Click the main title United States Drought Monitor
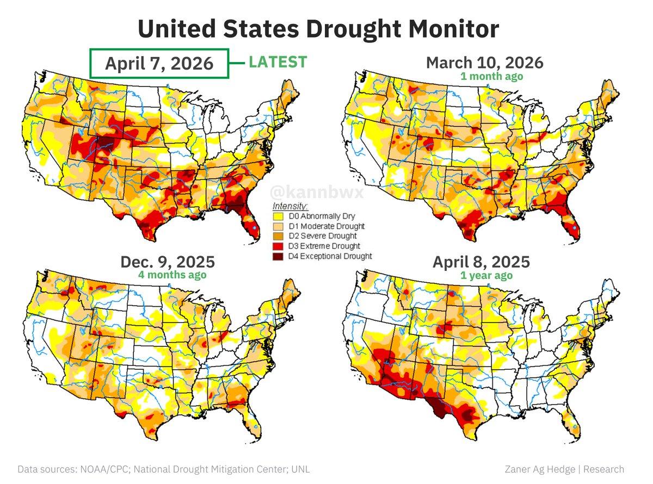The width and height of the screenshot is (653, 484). coord(318,28)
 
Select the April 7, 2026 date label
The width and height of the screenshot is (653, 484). coord(159,64)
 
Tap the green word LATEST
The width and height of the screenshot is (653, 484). coord(278,63)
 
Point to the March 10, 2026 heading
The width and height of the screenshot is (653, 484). coord(484,63)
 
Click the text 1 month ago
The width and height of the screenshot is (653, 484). coord(491,76)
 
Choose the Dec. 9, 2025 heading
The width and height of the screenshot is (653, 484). coord(168,262)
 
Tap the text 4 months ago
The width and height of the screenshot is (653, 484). coord(172,275)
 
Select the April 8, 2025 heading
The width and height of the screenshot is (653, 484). coord(481,262)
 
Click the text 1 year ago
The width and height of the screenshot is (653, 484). coord(486,275)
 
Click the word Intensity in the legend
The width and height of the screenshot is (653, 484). coord(290,207)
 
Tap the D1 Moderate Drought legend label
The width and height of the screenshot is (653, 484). coord(326,226)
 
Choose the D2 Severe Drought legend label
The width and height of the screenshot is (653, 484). coord(323,236)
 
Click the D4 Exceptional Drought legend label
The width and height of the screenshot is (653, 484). coord(330,256)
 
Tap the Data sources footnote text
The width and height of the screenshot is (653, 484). coord(164,469)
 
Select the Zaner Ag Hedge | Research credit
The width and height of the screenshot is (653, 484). coord(564,469)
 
